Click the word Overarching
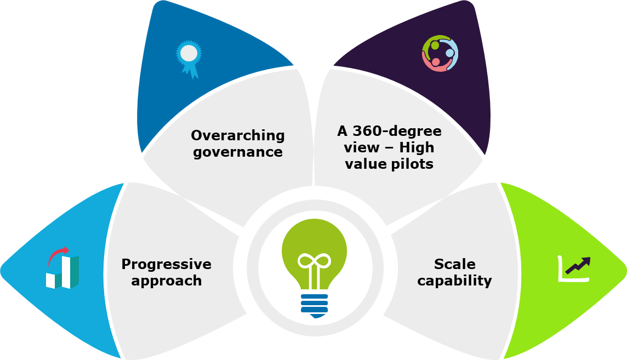(x=238, y=135)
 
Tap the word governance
(x=238, y=152)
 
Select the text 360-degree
(x=396, y=132)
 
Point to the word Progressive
(x=166, y=264)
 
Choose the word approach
(x=166, y=281)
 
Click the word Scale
(x=454, y=264)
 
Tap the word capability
(x=454, y=281)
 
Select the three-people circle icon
(x=440, y=53)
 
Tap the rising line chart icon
(x=574, y=268)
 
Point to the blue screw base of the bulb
(x=314, y=304)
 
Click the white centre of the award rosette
(x=189, y=53)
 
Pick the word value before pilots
(x=365, y=164)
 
